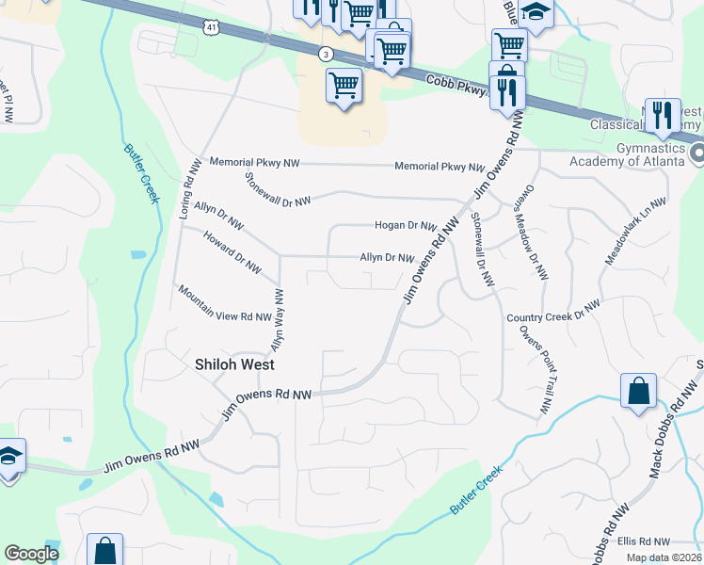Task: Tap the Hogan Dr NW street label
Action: tap(406, 226)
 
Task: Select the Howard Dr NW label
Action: tap(232, 252)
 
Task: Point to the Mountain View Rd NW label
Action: tap(225, 304)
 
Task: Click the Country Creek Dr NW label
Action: tap(552, 312)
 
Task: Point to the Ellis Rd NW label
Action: tap(644, 541)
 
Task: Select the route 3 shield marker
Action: tap(326, 54)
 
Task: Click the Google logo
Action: tap(31, 553)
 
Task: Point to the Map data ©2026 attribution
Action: tap(664, 557)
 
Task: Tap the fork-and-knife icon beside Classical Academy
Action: tap(663, 115)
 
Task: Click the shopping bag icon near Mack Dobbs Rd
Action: tap(638, 392)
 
